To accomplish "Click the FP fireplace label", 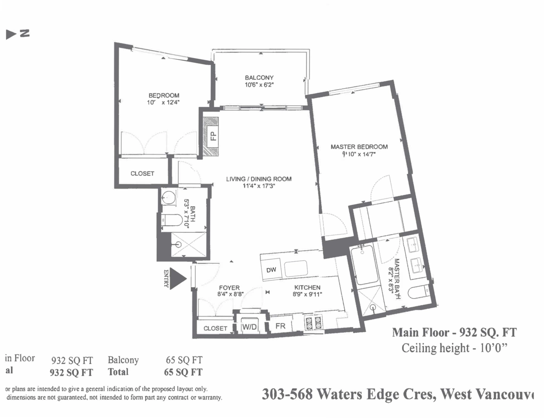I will pyautogui.click(x=212, y=136).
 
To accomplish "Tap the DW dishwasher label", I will pyautogui.click(x=271, y=270).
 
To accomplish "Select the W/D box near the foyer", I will pyautogui.click(x=248, y=326).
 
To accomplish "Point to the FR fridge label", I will pyautogui.click(x=281, y=326).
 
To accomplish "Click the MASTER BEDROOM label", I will pyautogui.click(x=359, y=147).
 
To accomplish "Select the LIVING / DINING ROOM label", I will pyautogui.click(x=259, y=179).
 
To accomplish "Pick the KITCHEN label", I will pyautogui.click(x=308, y=287).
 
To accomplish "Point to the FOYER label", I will pyautogui.click(x=229, y=287).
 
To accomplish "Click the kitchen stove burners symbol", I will pyautogui.click(x=313, y=322).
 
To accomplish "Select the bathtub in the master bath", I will pyautogui.click(x=365, y=265).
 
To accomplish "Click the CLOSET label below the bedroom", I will pyautogui.click(x=142, y=174).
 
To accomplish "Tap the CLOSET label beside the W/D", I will pyautogui.click(x=215, y=328).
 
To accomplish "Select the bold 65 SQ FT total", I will pyautogui.click(x=183, y=372).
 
